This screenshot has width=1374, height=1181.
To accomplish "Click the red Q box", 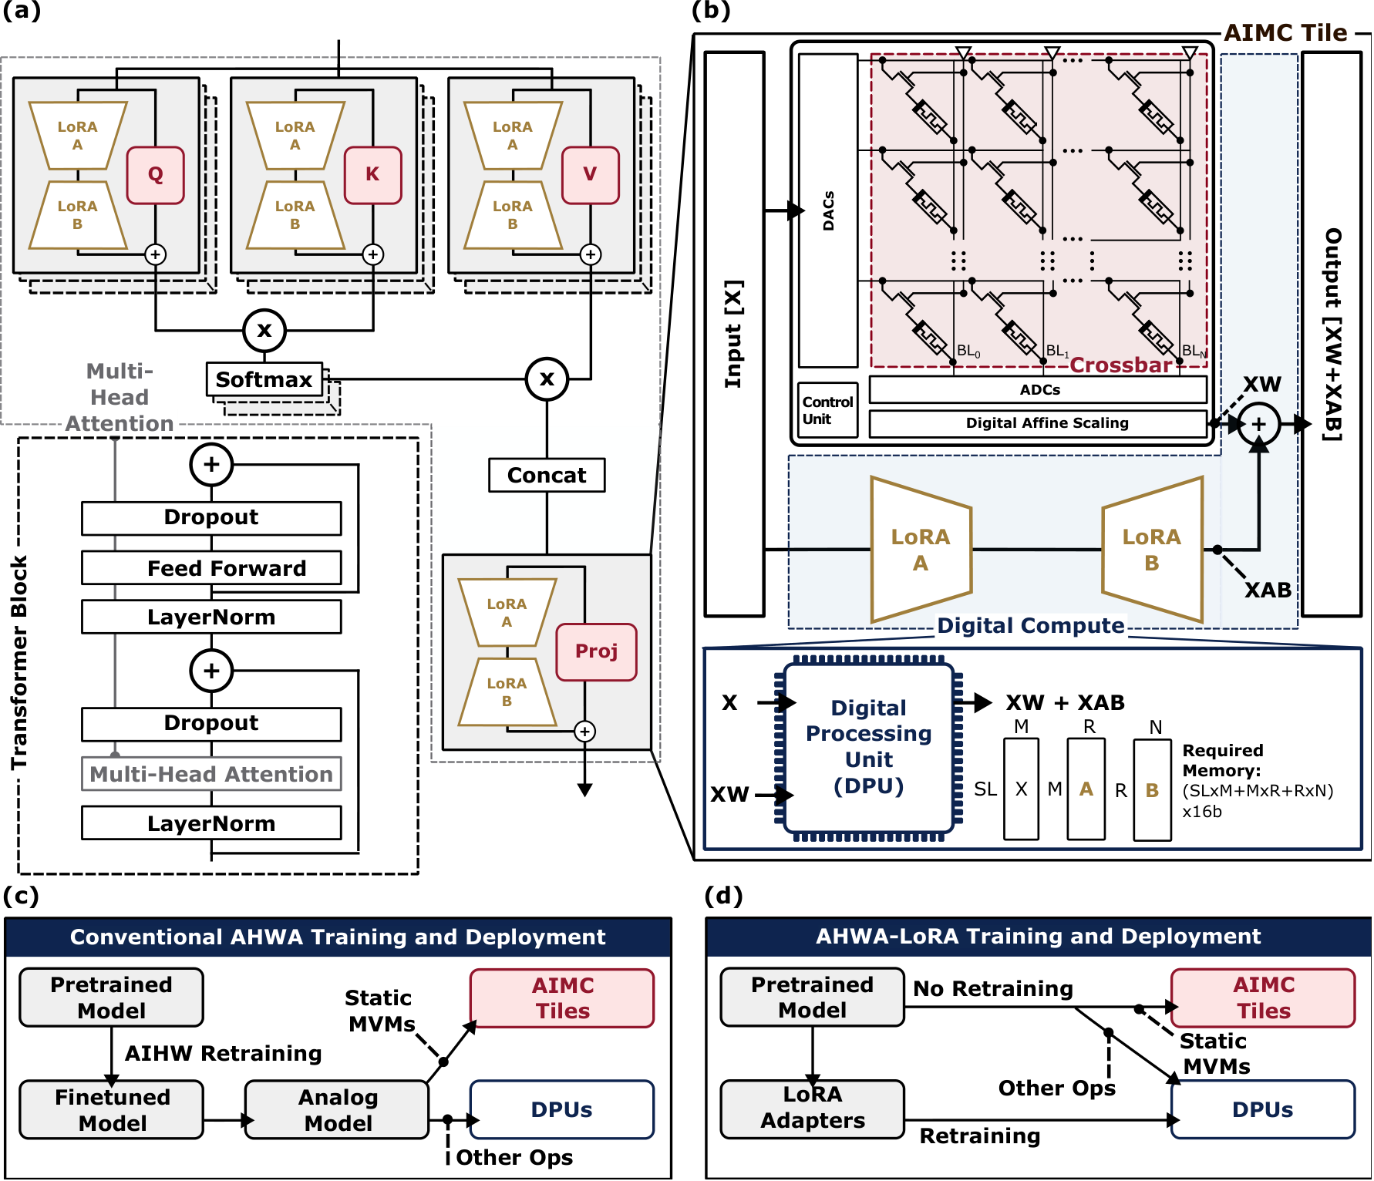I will coord(155,175).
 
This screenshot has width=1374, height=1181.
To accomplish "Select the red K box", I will coord(372,175).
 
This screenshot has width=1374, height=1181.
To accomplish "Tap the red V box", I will coord(590,175).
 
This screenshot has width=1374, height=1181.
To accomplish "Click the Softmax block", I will coord(264,379).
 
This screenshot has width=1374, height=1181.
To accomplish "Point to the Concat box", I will coord(547,475).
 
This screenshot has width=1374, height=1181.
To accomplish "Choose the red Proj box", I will coord(596,651).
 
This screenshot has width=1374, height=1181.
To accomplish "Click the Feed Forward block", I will coord(211,568).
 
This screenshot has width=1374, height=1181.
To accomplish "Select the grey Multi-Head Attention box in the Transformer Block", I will coord(211,774).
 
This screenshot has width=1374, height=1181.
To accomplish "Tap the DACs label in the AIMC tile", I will coord(828,210).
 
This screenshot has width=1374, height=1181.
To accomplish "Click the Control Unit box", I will coord(827,410).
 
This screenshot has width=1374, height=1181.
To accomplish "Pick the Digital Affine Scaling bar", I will coord(1038,423).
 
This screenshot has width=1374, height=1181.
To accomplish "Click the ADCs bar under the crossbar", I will coord(1038,390).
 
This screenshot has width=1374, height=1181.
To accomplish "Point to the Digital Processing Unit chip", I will coord(868,746).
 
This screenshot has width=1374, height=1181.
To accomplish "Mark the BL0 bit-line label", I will coord(968,352).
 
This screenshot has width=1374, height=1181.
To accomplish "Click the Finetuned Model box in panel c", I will coord(112,1109).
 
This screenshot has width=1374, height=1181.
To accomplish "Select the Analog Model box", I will coord(337,1109).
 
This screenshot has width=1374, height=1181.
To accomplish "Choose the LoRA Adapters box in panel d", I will coord(812,1108).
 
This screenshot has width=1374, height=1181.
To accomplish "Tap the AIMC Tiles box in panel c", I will coord(562,998).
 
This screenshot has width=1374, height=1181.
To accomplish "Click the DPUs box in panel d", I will coord(1262,1109).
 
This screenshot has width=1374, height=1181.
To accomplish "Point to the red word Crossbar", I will coord(1120,365).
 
